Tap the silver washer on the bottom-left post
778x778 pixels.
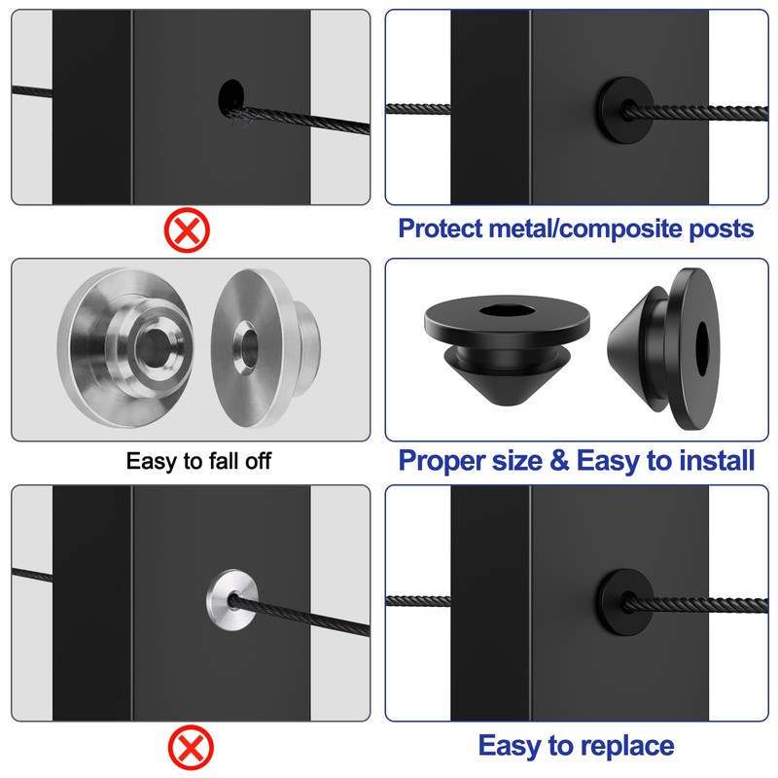[x=230, y=601]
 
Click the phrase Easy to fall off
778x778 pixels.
[x=198, y=460]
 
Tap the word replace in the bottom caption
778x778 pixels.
[x=627, y=746]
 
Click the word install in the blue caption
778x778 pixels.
[x=715, y=460]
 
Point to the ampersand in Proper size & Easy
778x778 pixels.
[x=558, y=460]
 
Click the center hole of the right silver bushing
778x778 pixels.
[x=244, y=344]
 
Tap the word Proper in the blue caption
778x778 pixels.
[x=442, y=460]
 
